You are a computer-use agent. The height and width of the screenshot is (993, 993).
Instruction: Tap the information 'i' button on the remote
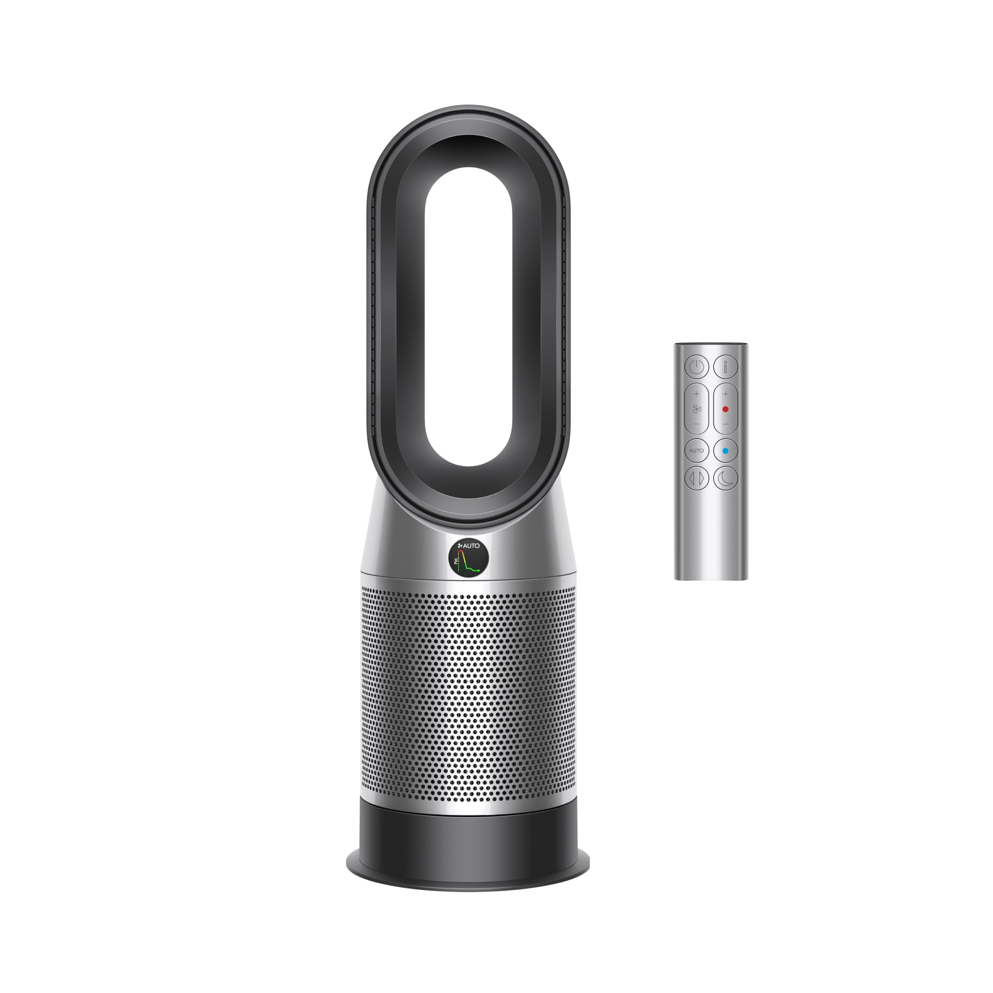click(x=725, y=366)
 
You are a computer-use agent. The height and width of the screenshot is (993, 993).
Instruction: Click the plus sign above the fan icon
click(x=697, y=394)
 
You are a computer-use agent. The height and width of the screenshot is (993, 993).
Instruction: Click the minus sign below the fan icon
click(x=697, y=424)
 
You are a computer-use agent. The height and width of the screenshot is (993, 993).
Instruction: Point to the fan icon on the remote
click(x=697, y=409)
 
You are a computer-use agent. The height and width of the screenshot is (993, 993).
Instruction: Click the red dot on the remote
click(x=725, y=409)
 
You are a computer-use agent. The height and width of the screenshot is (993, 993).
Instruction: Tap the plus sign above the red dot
click(x=725, y=394)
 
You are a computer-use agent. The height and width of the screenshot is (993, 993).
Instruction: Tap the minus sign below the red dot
click(x=725, y=424)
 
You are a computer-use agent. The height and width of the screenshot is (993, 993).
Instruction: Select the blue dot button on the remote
click(x=725, y=451)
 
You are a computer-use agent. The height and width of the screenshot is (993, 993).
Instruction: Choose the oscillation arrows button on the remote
click(x=697, y=479)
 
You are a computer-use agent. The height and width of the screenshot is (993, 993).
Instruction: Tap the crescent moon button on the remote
click(x=725, y=479)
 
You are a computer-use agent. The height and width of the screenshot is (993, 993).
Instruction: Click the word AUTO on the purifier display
click(x=471, y=545)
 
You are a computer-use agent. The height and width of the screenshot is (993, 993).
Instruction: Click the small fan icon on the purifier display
click(x=460, y=545)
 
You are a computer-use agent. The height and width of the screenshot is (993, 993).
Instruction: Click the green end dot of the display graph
click(x=479, y=570)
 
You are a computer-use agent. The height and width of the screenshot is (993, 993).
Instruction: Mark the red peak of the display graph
click(x=461, y=552)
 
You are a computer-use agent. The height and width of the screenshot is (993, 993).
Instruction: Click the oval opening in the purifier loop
click(x=468, y=316)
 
